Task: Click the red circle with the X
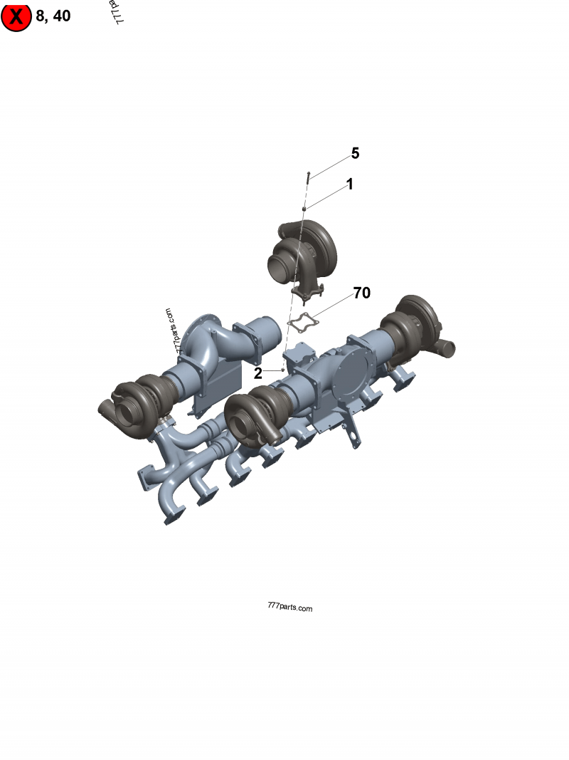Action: point(16,16)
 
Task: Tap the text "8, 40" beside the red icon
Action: point(53,16)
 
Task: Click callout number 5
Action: point(355,154)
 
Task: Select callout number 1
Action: point(349,184)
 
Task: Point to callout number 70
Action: point(361,293)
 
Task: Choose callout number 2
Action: point(258,373)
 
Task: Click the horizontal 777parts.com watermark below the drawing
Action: point(289,608)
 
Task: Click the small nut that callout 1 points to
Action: point(304,208)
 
